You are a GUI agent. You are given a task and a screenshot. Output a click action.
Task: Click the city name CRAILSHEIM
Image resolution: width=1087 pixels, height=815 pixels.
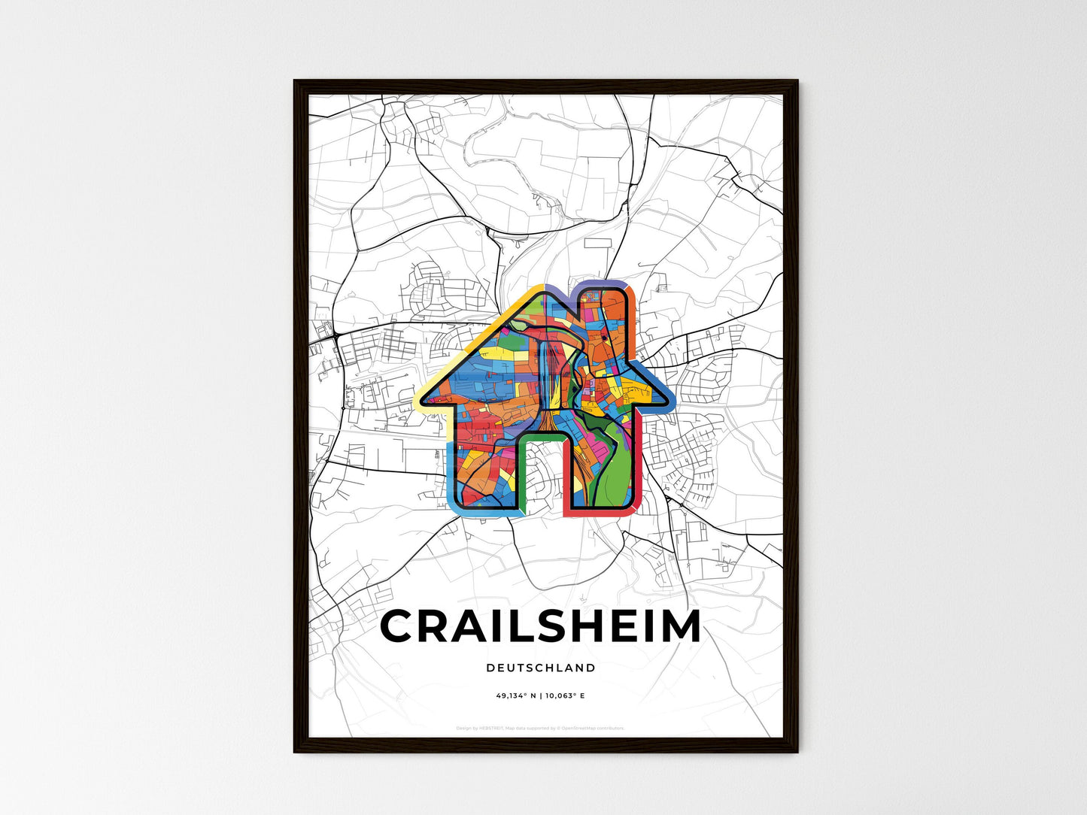point(540,626)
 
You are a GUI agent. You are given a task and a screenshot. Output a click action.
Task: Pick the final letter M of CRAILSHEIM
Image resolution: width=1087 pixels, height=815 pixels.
point(682,626)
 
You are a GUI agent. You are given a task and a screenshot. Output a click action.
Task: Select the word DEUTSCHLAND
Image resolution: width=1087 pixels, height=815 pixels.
point(540,668)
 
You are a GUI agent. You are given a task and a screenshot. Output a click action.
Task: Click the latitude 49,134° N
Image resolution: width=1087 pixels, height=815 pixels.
point(516,696)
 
